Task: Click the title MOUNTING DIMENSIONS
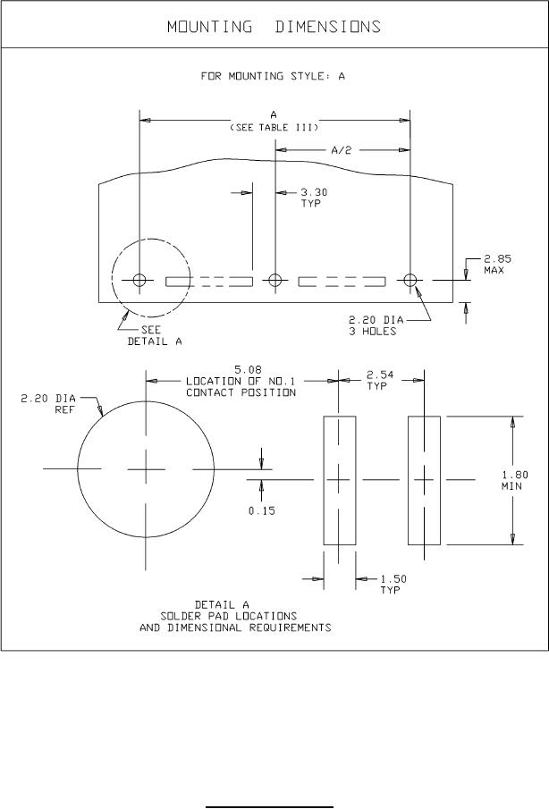[x=274, y=27]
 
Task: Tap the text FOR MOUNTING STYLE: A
[x=273, y=76]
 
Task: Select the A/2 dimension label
[x=341, y=150]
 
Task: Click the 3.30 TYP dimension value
[x=314, y=198]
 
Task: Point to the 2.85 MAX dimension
[x=497, y=265]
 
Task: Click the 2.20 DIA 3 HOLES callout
[x=376, y=325]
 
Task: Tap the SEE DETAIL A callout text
[x=155, y=335]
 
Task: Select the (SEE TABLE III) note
[x=274, y=128]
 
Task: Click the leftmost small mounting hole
[x=139, y=280]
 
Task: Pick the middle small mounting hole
[x=275, y=280]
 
